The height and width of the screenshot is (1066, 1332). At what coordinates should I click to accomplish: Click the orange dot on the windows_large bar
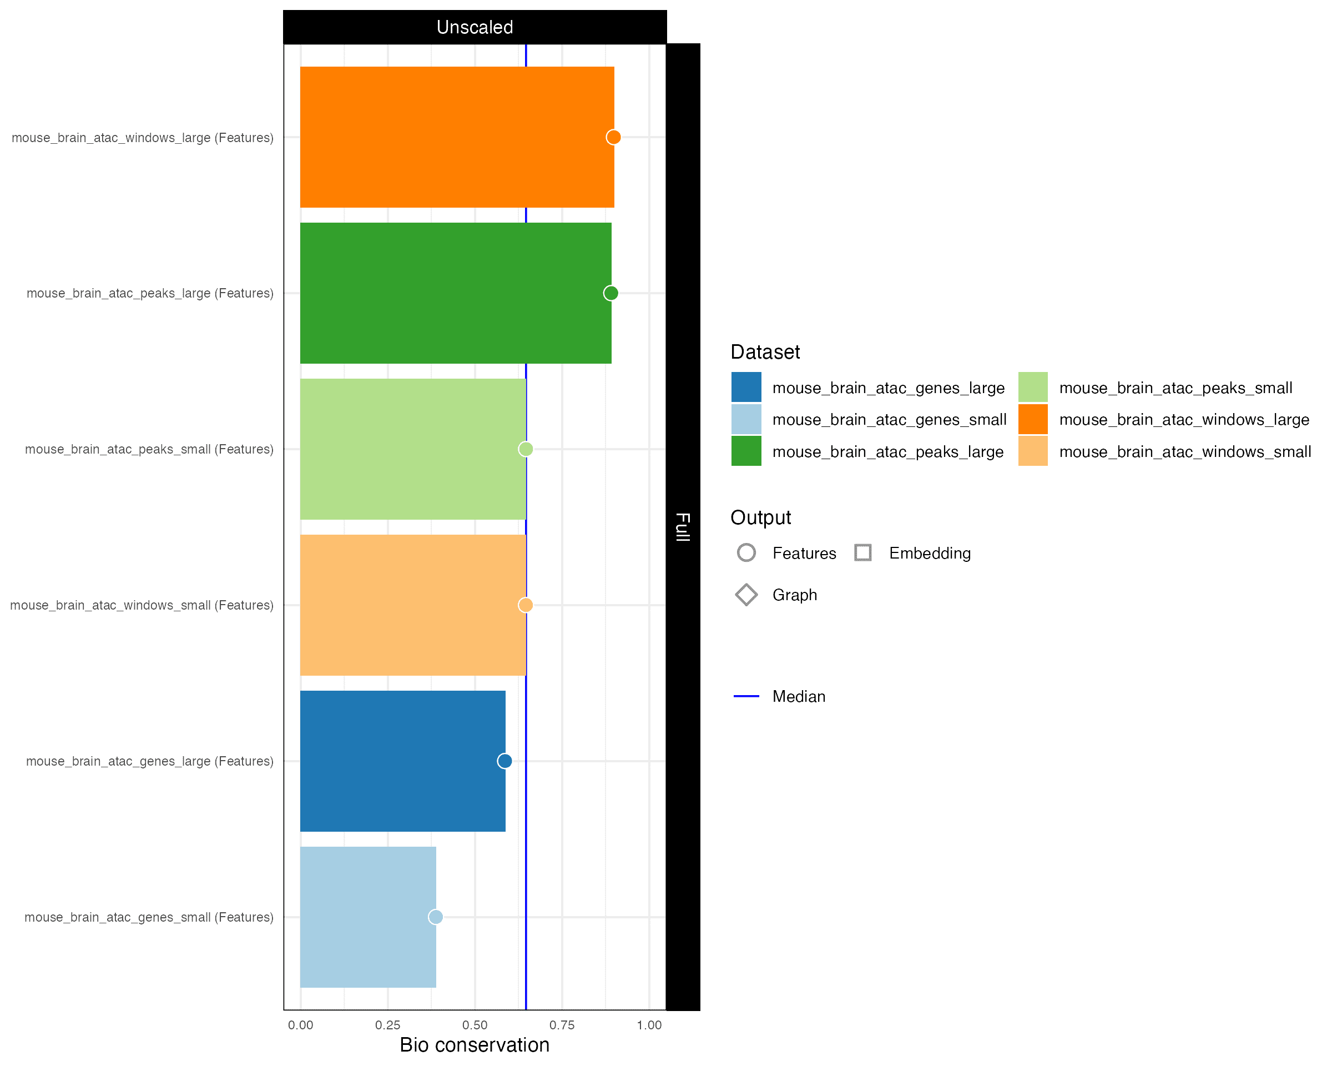click(x=613, y=137)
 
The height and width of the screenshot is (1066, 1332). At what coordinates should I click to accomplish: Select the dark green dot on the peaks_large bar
click(x=610, y=293)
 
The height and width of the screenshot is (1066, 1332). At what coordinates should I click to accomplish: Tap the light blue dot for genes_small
click(x=436, y=917)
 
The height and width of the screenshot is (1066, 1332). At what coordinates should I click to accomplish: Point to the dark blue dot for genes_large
click(x=504, y=761)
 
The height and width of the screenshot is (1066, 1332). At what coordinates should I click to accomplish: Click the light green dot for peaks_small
click(x=525, y=449)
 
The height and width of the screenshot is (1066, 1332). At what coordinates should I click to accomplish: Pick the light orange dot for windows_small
click(x=525, y=605)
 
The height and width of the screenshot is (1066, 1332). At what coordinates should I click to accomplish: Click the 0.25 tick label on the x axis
click(x=387, y=1025)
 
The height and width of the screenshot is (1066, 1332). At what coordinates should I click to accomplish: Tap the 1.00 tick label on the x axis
click(x=649, y=1025)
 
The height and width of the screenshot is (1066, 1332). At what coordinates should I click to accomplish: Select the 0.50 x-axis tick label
click(x=475, y=1025)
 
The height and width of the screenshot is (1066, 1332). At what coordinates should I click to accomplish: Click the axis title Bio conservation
click(x=475, y=1045)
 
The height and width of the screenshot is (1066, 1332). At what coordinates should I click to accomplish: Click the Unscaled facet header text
click(x=475, y=27)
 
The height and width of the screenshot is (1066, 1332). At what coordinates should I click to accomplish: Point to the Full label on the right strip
click(x=683, y=526)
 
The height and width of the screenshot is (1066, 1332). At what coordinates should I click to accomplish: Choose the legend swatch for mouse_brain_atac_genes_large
click(x=746, y=388)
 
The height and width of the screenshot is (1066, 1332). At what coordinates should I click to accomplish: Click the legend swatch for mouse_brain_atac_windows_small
click(x=1033, y=451)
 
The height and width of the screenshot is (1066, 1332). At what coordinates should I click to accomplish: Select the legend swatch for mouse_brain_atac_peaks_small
click(x=1033, y=388)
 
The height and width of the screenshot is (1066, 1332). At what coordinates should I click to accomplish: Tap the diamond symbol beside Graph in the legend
click(x=746, y=595)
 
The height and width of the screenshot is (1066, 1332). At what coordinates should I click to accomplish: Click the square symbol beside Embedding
click(x=863, y=552)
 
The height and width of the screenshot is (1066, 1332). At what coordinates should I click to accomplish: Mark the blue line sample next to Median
click(x=746, y=696)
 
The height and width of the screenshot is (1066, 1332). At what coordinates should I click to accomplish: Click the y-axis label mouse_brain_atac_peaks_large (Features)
click(x=149, y=294)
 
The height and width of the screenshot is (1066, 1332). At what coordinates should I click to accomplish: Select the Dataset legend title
click(x=765, y=352)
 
